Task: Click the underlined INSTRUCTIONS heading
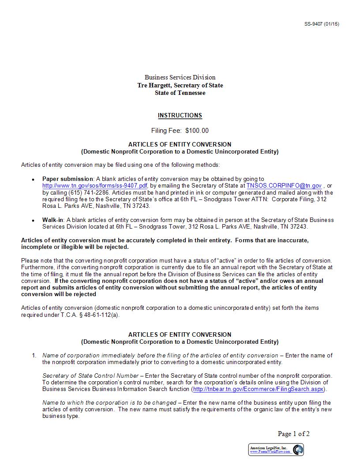click(x=180, y=116)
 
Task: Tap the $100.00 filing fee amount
click(x=197, y=131)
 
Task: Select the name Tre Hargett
click(x=154, y=85)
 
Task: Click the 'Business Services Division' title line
click(x=180, y=77)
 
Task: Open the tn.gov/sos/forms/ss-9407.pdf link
click(x=95, y=186)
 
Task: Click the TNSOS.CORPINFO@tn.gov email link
click(x=284, y=186)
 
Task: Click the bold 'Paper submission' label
click(x=67, y=179)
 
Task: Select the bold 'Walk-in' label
click(x=53, y=220)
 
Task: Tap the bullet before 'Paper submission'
click(x=33, y=180)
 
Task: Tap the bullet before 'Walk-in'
click(x=33, y=220)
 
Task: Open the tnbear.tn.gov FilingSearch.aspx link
click(x=258, y=389)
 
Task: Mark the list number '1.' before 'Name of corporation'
click(x=34, y=355)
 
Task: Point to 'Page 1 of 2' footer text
click(x=293, y=434)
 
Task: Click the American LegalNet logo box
click(x=276, y=450)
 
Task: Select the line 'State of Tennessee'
click(x=180, y=93)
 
